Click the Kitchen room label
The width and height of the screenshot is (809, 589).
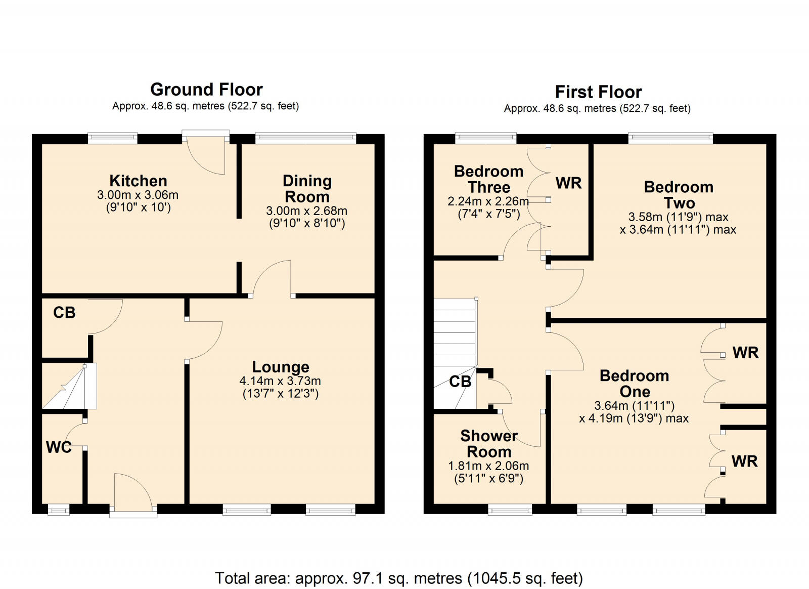click(138, 181)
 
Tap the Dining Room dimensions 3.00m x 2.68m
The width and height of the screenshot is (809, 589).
click(307, 211)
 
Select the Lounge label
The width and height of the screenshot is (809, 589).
click(281, 367)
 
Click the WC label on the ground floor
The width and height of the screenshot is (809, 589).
click(59, 447)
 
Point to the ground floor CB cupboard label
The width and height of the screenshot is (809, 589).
click(64, 313)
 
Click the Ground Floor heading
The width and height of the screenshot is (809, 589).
click(206, 90)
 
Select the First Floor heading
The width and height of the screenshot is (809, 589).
click(598, 92)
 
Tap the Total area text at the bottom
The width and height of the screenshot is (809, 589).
click(399, 578)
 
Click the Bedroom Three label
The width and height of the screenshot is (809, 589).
click(488, 179)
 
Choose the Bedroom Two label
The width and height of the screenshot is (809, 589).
click(679, 195)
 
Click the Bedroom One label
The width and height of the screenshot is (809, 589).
click(635, 384)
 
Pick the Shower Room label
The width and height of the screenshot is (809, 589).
click(489, 444)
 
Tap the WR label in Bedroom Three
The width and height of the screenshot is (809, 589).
click(568, 183)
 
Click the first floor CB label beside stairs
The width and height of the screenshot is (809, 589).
click(460, 382)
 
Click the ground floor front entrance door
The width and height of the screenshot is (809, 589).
click(132, 493)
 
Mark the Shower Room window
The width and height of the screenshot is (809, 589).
click(510, 510)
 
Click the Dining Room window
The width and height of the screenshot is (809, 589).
click(305, 137)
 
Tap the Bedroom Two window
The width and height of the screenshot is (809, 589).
click(670, 137)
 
